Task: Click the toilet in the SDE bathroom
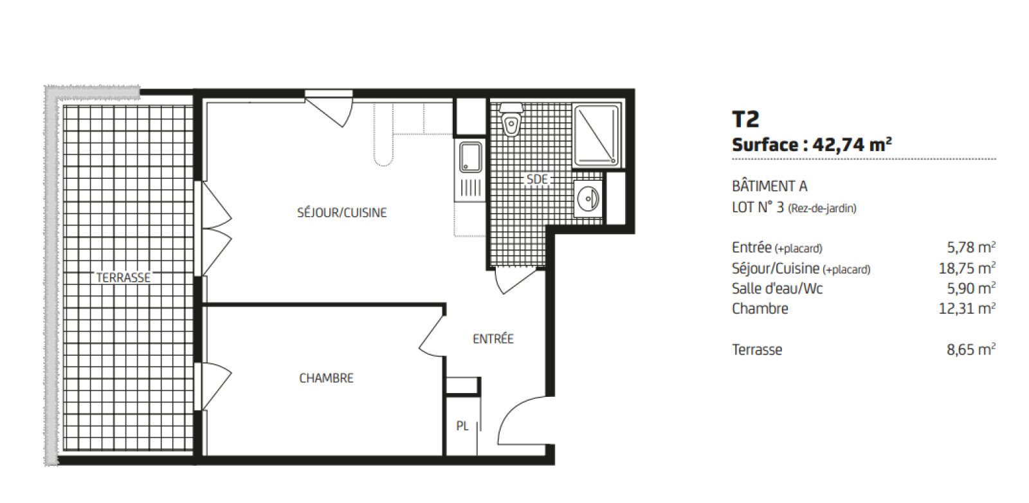pyautogui.click(x=511, y=120)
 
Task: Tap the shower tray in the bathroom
pyautogui.click(x=596, y=136)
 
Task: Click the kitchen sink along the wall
pyautogui.click(x=470, y=157)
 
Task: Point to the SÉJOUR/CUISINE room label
pyautogui.click(x=341, y=213)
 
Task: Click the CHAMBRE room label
pyautogui.click(x=326, y=378)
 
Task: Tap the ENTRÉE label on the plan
pyautogui.click(x=493, y=339)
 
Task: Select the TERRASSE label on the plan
pyautogui.click(x=123, y=277)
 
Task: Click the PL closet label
pyautogui.click(x=462, y=426)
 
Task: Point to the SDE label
pyautogui.click(x=537, y=179)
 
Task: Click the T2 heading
pyautogui.click(x=745, y=119)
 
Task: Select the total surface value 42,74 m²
pyautogui.click(x=852, y=145)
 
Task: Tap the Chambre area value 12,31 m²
pyautogui.click(x=967, y=308)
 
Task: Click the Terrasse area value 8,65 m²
pyautogui.click(x=971, y=349)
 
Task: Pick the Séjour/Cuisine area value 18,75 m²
pyautogui.click(x=967, y=268)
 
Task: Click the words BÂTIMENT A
pyautogui.click(x=769, y=187)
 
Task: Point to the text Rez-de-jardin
pyautogui.click(x=823, y=208)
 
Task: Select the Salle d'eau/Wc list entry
pyautogui.click(x=778, y=288)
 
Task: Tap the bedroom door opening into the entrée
pyautogui.click(x=432, y=333)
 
